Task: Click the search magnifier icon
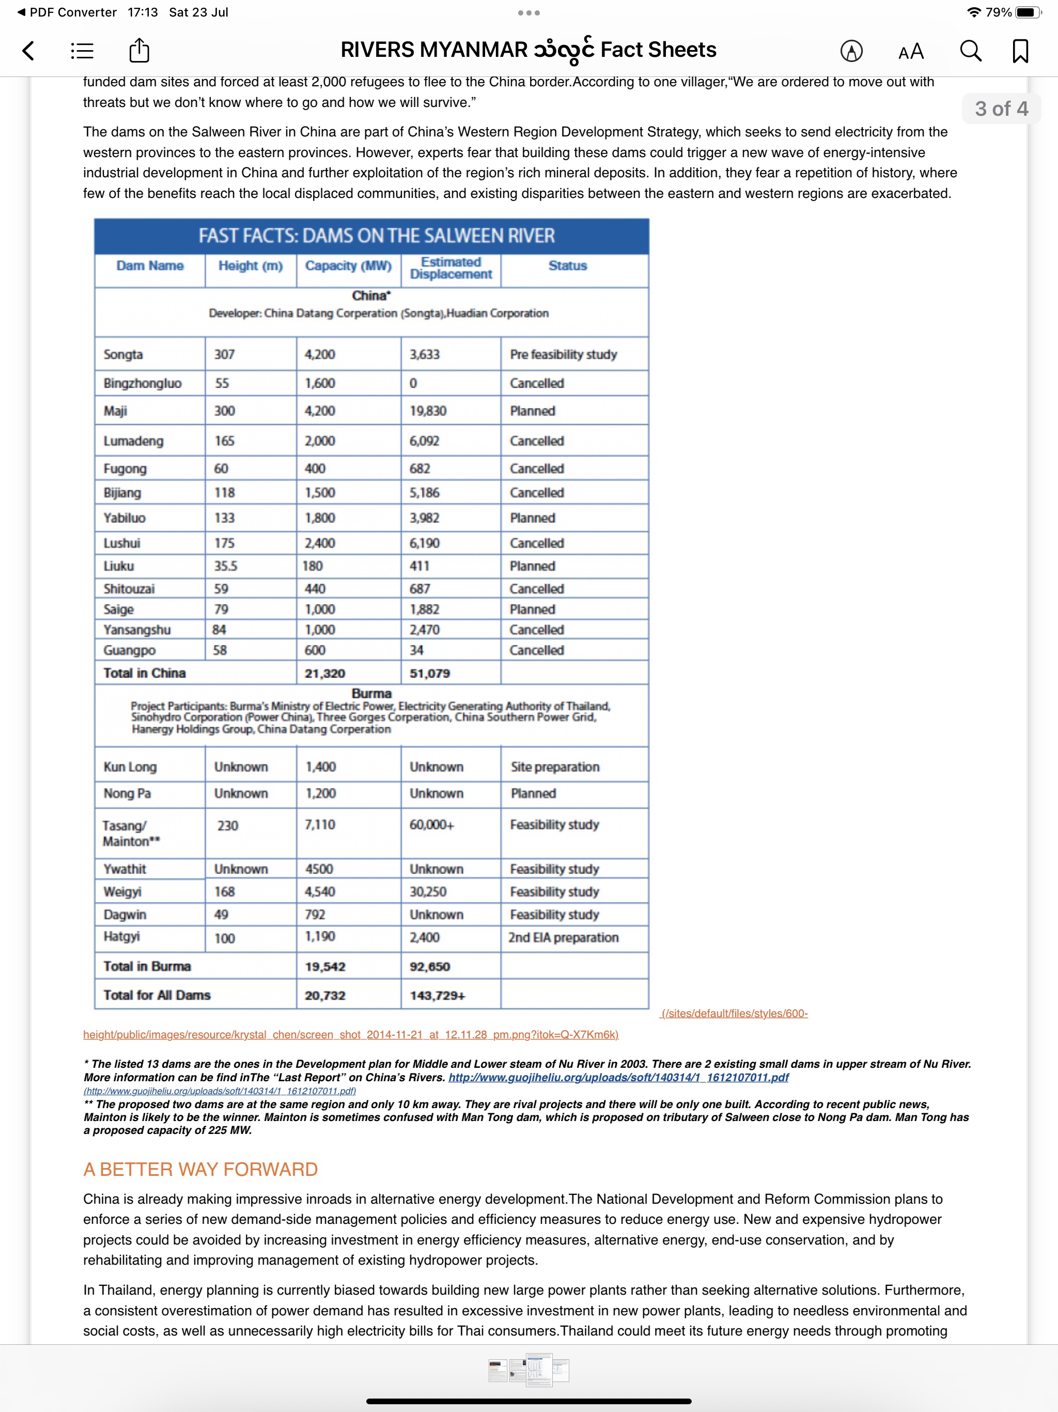point(970,51)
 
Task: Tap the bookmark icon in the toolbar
point(1020,51)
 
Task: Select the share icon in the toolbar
point(139,51)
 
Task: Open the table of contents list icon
point(82,51)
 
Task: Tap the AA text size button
point(911,51)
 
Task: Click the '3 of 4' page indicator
point(1001,109)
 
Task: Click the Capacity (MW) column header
point(348,266)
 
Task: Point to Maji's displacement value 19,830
point(428,411)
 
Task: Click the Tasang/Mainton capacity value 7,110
point(320,825)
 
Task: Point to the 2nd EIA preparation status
point(563,938)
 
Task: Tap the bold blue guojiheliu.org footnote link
point(618,1078)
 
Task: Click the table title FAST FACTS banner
point(376,236)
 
